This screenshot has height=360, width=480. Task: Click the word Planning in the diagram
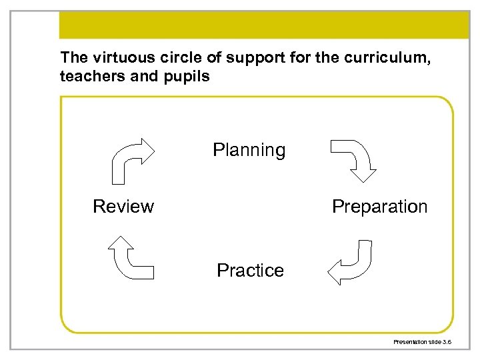pyautogui.click(x=249, y=151)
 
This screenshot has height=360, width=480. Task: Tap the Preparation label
pyautogui.click(x=379, y=207)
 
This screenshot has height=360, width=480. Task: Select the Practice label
pyautogui.click(x=250, y=271)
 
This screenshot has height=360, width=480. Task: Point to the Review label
pyautogui.click(x=123, y=207)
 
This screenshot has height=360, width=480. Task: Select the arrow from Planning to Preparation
pyautogui.click(x=353, y=157)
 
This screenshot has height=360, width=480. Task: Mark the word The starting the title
pyautogui.click(x=72, y=57)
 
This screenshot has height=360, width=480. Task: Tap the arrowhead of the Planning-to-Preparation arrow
pyautogui.click(x=365, y=173)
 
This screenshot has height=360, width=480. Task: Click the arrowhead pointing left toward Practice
pyautogui.click(x=337, y=271)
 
